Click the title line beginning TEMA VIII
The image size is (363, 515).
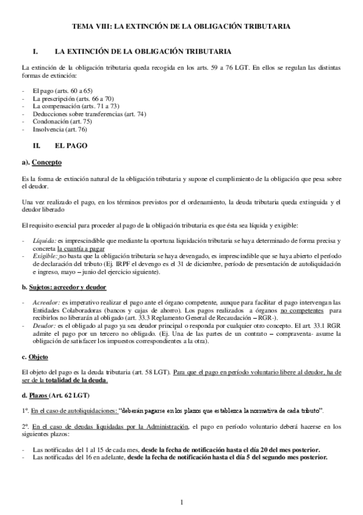pos(181,27)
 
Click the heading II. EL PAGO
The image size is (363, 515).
pos(63,146)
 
